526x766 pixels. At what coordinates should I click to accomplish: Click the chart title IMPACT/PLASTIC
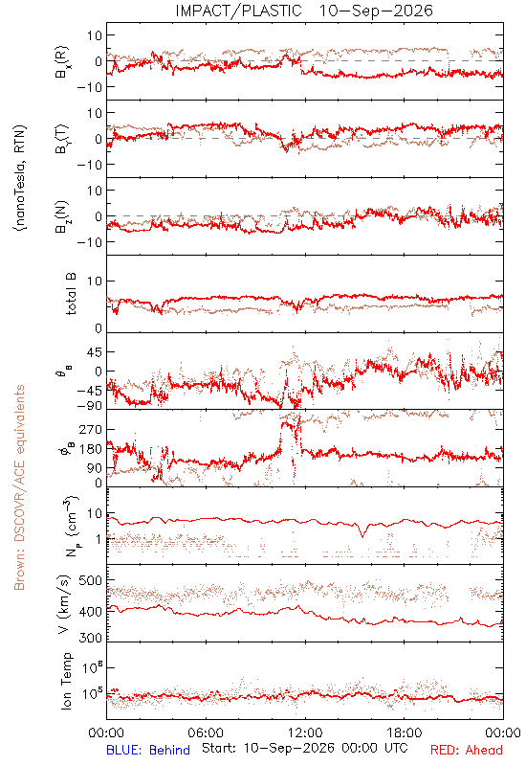pyautogui.click(x=238, y=11)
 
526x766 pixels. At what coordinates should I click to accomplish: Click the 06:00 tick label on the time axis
pyautogui.click(x=206, y=732)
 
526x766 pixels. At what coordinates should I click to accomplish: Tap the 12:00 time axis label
pyautogui.click(x=305, y=732)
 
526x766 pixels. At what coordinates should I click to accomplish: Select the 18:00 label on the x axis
pyautogui.click(x=405, y=732)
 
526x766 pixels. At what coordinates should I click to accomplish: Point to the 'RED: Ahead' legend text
pyautogui.click(x=466, y=750)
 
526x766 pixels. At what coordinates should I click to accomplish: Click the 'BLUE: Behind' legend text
pyautogui.click(x=148, y=750)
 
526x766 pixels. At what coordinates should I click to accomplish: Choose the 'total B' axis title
pyautogui.click(x=71, y=294)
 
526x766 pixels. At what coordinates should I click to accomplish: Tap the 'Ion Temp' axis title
pyautogui.click(x=67, y=681)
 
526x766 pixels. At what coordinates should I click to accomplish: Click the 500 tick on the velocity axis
pyautogui.click(x=90, y=580)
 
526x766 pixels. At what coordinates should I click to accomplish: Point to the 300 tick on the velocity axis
pyautogui.click(x=90, y=638)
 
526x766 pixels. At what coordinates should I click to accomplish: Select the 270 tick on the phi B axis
pyautogui.click(x=90, y=429)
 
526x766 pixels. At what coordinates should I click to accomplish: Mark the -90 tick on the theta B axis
pyautogui.click(x=90, y=406)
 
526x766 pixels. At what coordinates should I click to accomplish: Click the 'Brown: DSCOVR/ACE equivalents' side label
pyautogui.click(x=19, y=487)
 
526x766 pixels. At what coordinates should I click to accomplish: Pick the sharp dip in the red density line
pyautogui.click(x=362, y=536)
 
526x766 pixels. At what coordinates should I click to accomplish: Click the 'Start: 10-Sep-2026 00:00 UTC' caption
pyautogui.click(x=305, y=749)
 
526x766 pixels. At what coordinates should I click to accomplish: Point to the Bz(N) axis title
pyautogui.click(x=62, y=216)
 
